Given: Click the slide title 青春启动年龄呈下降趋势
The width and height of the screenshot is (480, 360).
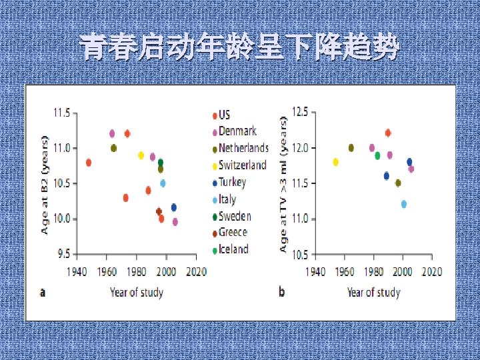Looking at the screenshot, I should (239, 48).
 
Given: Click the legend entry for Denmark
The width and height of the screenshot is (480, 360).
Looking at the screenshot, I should (237, 131).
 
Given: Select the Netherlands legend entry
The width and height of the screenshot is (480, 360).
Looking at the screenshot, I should (243, 148).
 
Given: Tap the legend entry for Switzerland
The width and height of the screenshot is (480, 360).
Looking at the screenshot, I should (242, 165).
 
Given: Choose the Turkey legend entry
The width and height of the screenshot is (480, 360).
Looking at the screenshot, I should (232, 182).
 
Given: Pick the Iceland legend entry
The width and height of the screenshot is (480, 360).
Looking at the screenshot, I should (233, 249).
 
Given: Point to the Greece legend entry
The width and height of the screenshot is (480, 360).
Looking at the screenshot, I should (233, 233).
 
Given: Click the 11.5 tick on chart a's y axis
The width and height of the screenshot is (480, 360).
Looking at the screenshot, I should (61, 113).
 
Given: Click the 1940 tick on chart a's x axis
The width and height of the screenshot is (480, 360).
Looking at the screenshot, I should (77, 272).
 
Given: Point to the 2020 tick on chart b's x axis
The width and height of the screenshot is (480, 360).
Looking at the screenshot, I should (432, 272).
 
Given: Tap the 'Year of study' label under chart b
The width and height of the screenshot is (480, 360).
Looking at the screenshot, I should (373, 292).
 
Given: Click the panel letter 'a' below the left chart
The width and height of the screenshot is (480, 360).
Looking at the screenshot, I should (43, 292).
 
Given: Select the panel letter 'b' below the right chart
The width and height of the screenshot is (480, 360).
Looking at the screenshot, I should (282, 292).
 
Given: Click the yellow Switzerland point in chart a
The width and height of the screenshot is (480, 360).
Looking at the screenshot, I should (141, 155).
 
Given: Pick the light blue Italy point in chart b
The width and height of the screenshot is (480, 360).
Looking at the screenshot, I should (403, 204).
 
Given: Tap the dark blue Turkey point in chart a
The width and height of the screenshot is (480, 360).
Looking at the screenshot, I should (174, 207).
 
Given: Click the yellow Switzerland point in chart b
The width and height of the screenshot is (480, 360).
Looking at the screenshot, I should (335, 162).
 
